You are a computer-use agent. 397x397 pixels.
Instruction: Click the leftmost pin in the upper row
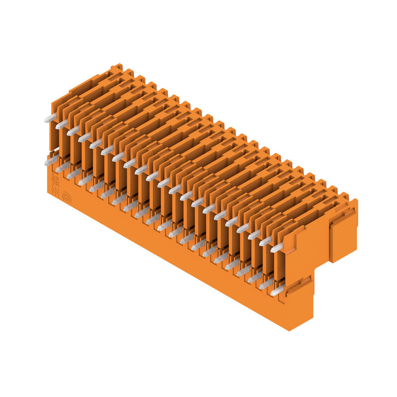pyautogui.click(x=50, y=118)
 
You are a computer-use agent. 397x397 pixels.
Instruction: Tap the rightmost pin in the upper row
pyautogui.click(x=276, y=247)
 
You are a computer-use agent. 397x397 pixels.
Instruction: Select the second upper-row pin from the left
pyautogui.click(x=62, y=124)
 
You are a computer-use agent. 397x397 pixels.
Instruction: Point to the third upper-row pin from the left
pyautogui.click(x=73, y=131)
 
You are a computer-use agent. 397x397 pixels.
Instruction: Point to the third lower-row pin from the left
pyautogui.click(x=74, y=174)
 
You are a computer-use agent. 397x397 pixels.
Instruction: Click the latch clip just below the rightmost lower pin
pyautogui.click(x=298, y=288)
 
